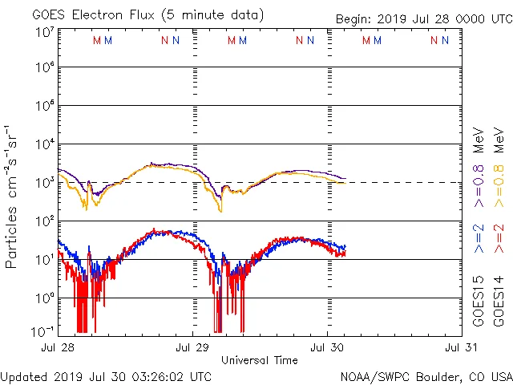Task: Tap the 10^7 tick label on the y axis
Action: pyautogui.click(x=45, y=33)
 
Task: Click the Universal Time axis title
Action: pyautogui.click(x=260, y=360)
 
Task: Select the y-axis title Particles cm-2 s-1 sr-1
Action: pyautogui.click(x=12, y=196)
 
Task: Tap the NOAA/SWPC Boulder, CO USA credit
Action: pyautogui.click(x=426, y=376)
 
